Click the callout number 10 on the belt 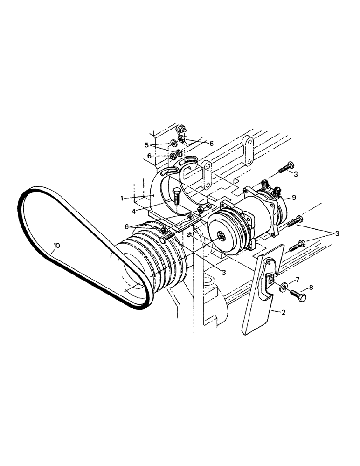(56, 246)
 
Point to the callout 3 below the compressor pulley (224, 272)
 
